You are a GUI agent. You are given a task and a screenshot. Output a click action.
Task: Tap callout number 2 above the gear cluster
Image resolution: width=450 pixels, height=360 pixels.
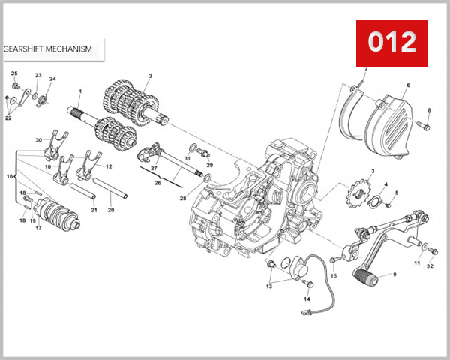149,76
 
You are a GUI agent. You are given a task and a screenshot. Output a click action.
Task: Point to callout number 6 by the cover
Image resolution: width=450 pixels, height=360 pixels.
408,86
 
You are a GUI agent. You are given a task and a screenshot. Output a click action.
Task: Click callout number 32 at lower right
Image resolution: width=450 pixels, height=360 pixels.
430,265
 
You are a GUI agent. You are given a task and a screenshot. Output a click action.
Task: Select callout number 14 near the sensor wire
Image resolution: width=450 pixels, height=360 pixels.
307,299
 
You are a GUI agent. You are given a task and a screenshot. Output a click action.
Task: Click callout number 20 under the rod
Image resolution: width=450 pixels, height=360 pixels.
111,210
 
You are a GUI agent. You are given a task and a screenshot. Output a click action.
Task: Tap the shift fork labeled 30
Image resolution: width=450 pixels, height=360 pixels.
52,145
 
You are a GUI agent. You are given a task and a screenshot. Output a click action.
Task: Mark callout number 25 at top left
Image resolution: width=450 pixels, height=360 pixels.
14,73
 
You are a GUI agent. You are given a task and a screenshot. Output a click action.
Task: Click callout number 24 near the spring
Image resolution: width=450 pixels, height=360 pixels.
52,79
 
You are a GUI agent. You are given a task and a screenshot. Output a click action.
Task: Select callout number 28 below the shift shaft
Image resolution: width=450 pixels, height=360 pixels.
182,198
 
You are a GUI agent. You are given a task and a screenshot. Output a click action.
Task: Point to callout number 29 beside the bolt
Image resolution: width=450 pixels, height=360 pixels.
210,164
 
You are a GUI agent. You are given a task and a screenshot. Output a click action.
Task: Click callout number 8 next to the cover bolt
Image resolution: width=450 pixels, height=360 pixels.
429,111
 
